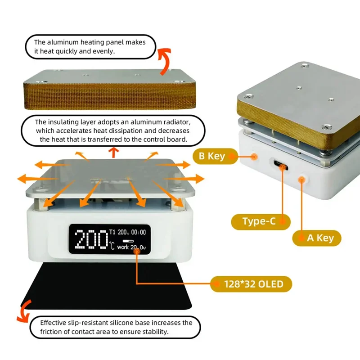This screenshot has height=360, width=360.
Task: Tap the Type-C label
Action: point(260,221)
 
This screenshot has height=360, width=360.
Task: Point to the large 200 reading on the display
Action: point(91,239)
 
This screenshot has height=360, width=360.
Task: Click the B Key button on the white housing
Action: point(255,157)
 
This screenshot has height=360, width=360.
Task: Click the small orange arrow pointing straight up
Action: point(113,153)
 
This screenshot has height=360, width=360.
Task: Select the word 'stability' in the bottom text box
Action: point(154,332)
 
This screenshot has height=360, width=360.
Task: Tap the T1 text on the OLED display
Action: point(112,232)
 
